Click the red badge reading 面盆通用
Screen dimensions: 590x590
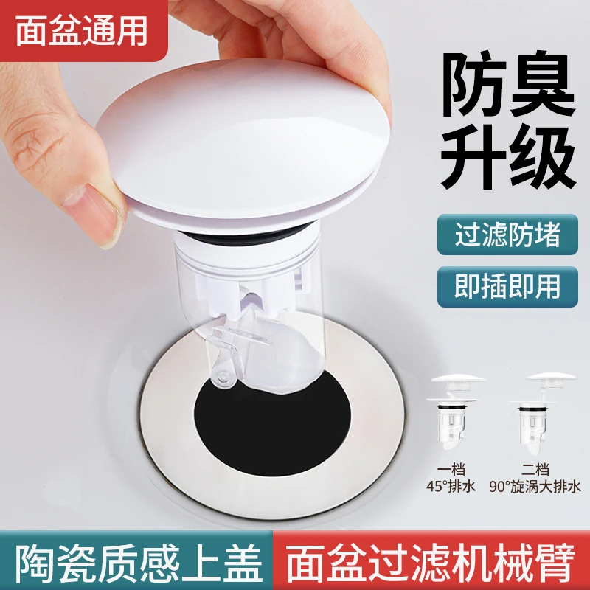click(x=83, y=32)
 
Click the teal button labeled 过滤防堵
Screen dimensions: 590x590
click(x=498, y=235)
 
